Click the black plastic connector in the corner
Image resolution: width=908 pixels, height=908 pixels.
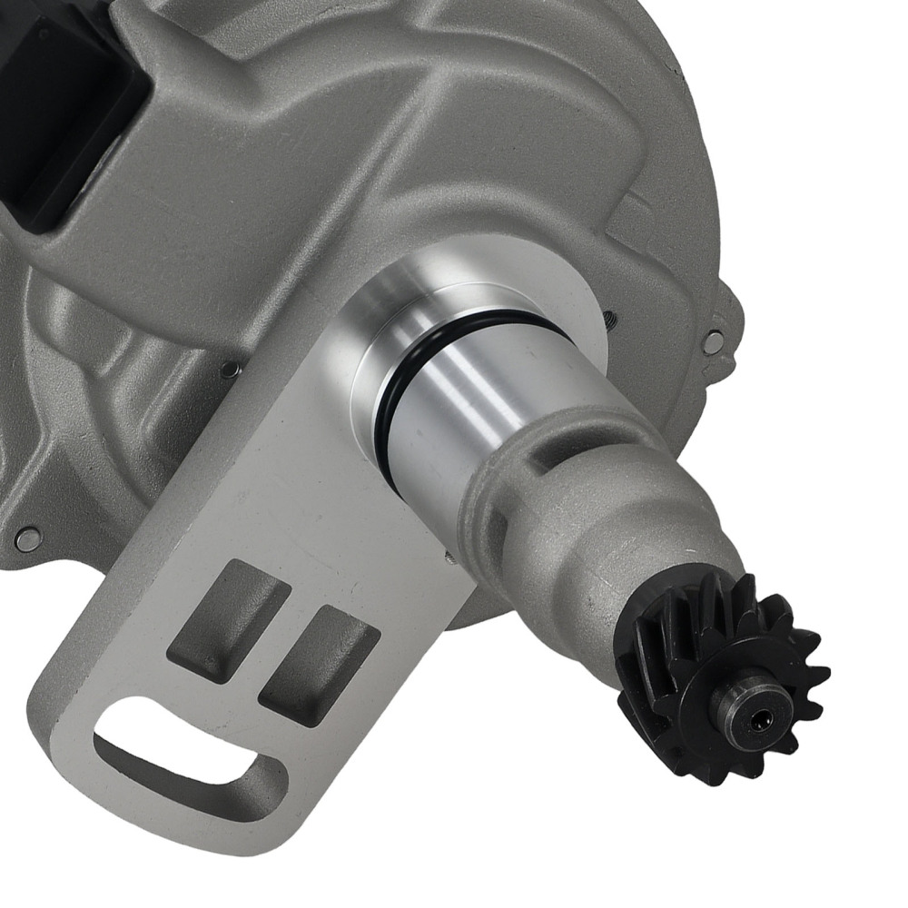[x=54, y=109]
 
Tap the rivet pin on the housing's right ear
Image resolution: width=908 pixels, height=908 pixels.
[x=715, y=341]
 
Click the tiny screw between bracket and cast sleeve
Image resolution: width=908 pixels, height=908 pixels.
[x=448, y=557]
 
